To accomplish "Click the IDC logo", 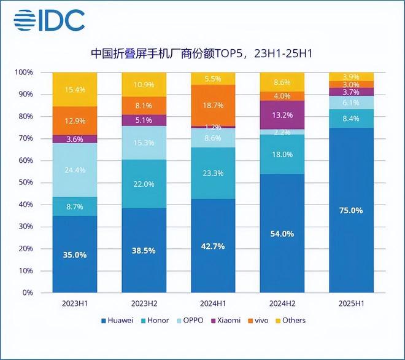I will coord(48,20).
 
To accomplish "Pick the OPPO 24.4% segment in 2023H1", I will coord(75,170).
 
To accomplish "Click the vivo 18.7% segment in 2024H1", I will coord(214,105).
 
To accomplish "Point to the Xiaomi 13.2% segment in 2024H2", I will coord(283,115).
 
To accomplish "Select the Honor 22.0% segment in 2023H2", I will coord(144,184).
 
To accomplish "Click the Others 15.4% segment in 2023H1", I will coord(75,90).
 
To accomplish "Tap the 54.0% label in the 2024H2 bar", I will coord(283,233).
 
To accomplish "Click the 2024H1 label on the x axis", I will coord(214,303).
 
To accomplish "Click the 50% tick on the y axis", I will coord(26,182).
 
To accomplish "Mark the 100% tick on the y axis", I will coord(25,72).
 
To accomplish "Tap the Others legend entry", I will coord(290,320).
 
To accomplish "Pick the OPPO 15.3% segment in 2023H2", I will coord(144,143).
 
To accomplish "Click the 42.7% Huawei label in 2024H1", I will coord(214,246).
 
